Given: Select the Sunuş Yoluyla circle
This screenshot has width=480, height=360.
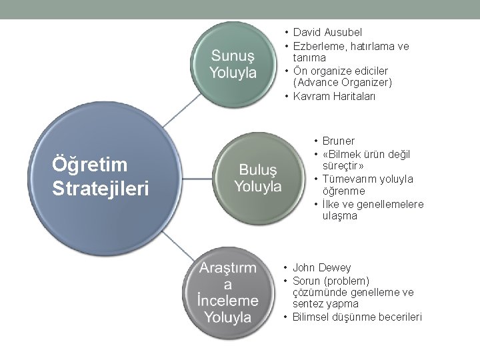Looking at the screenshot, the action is click(233, 63).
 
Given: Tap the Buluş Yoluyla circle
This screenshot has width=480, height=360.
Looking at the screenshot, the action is click(258, 177).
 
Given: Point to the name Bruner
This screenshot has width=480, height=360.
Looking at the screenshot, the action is click(339, 141).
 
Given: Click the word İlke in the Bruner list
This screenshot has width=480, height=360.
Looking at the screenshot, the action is click(331, 204).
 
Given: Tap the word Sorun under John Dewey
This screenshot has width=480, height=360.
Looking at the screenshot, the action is click(307, 281).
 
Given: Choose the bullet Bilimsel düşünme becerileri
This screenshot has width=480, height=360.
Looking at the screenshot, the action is click(357, 317).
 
